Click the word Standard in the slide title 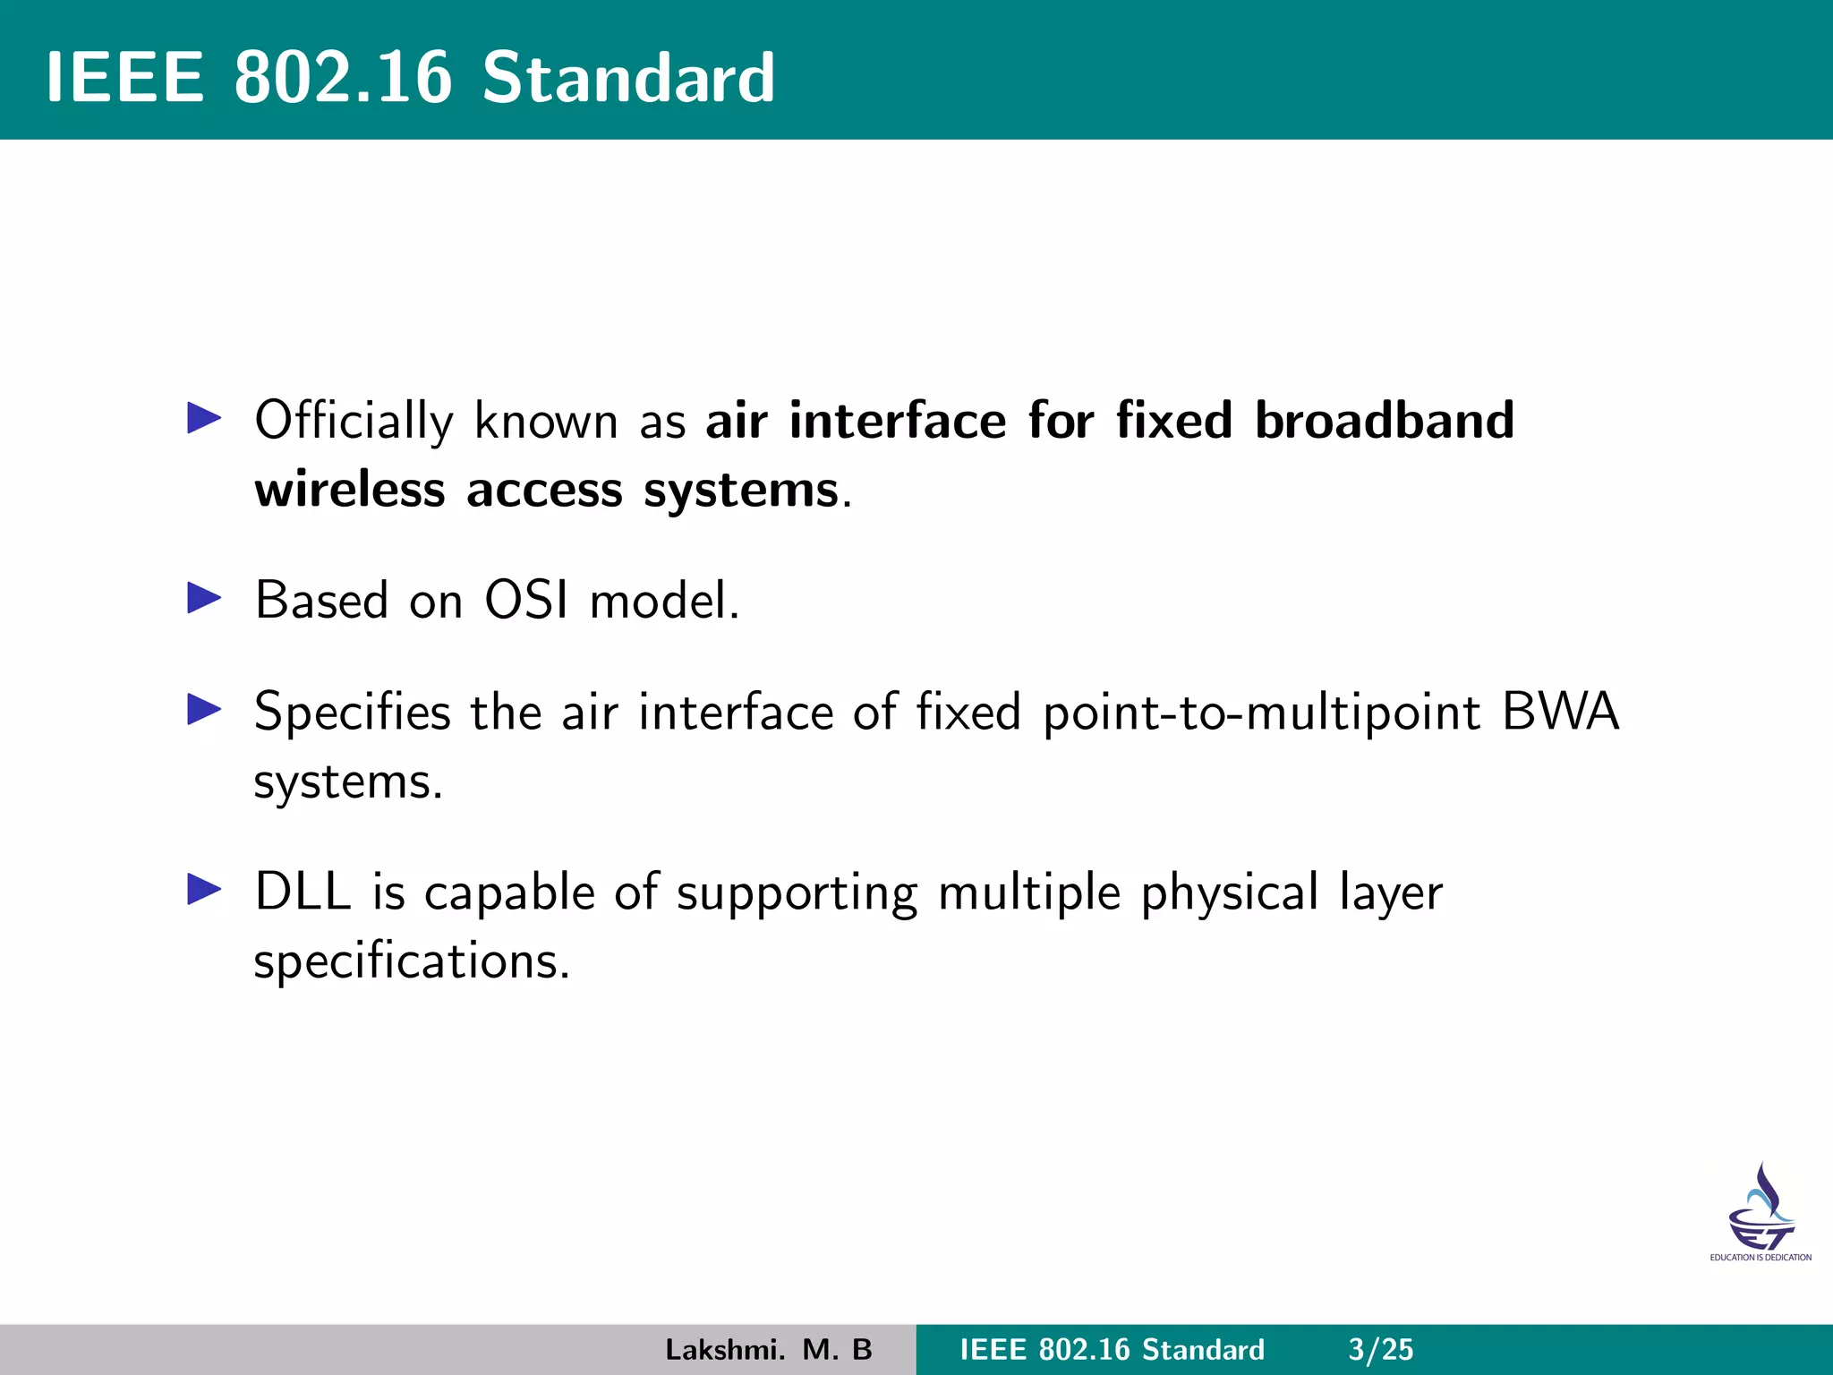coord(628,78)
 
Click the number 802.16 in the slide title coord(343,78)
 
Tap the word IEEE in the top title coord(125,78)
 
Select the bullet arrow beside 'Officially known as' coord(204,418)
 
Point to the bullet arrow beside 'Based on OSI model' coord(204,598)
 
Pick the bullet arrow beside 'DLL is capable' coord(204,890)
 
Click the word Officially coord(354,421)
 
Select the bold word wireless coord(350,490)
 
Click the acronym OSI coord(526,600)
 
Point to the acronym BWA coord(1560,712)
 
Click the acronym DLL coord(303,892)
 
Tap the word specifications coord(411,962)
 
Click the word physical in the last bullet coord(1229,893)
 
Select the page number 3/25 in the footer coord(1381,1349)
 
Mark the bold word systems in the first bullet coord(741,491)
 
